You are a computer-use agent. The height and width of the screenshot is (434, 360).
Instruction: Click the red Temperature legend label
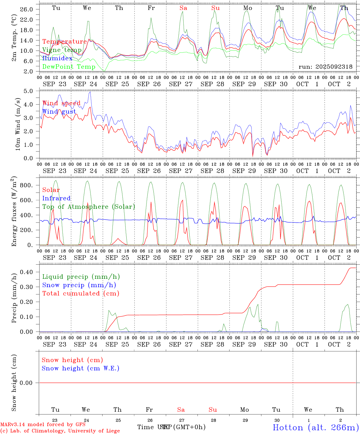[64, 42]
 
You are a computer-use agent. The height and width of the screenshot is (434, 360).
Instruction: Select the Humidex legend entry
[57, 58]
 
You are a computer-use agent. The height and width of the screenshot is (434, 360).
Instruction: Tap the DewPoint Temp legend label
[69, 67]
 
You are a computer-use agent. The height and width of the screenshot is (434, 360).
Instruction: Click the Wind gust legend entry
[59, 112]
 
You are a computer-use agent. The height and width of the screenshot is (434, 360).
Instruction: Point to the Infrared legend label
[56, 198]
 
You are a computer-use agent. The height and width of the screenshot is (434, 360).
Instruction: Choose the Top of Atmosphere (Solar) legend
[88, 207]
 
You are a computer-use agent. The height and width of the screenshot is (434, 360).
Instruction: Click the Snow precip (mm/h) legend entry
[79, 285]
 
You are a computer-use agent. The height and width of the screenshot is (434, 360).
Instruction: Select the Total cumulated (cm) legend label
[81, 294]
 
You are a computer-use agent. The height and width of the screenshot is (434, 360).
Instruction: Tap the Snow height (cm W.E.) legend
[80, 368]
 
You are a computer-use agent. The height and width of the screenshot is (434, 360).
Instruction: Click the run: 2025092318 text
[325, 67]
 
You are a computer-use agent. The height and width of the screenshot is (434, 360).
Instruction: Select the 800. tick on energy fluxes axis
[26, 185]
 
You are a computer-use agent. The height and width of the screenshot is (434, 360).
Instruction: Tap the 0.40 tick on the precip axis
[26, 272]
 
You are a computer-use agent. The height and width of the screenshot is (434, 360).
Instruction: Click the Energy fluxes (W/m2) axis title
[14, 212]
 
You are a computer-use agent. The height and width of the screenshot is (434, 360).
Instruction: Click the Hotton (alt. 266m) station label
[315, 427]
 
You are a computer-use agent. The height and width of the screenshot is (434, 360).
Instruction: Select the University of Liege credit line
[60, 431]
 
